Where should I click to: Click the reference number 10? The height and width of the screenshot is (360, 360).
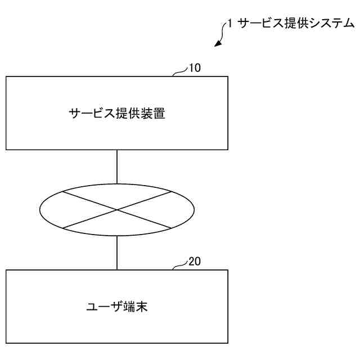pos(194,69)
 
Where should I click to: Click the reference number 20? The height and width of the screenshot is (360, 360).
pos(194,262)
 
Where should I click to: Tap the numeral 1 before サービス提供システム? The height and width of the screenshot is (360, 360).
pos(229,24)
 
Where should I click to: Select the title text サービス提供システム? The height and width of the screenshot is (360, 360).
pos(296,24)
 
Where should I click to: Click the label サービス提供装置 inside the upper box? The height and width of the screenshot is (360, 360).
pos(117,113)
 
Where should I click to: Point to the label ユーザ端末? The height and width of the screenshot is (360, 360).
pos(117,307)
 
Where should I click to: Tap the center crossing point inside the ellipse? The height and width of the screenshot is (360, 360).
pos(117,210)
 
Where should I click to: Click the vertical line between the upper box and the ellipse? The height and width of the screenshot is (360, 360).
pos(117,166)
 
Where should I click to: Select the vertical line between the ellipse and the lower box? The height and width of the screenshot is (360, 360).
pos(117,253)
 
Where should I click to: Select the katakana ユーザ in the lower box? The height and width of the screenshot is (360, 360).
pos(104,307)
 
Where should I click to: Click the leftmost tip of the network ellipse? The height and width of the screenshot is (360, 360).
pos(40,210)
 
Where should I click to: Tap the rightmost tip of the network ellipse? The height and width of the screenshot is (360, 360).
pos(194,210)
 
